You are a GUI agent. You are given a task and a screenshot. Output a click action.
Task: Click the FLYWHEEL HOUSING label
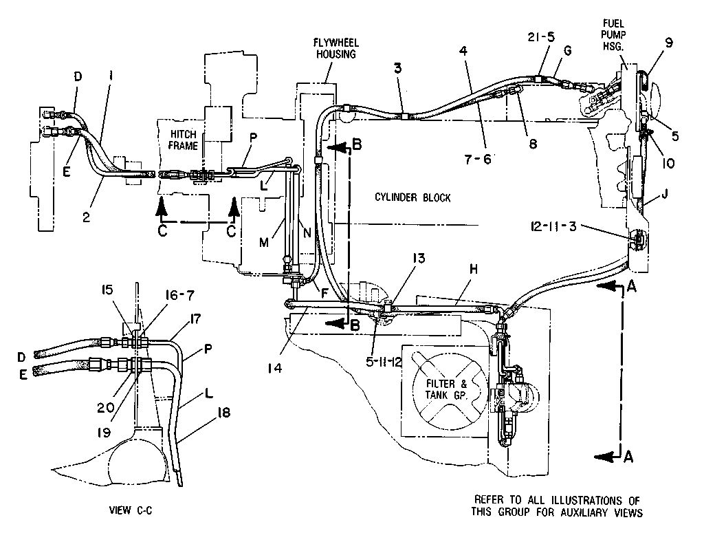(335, 49)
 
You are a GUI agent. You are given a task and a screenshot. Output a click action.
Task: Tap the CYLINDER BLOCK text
(412, 197)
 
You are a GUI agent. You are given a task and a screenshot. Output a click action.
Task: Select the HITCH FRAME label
(183, 140)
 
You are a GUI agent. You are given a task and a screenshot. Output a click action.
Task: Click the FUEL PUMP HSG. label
(614, 34)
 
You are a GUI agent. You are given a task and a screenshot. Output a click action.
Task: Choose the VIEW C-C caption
(131, 510)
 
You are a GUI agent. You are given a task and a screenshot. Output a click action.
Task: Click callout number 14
(275, 368)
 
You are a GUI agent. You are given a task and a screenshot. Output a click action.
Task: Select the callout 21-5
(541, 37)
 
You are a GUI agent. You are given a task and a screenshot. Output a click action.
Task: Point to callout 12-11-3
(553, 226)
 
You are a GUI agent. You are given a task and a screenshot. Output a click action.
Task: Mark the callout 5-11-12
(384, 362)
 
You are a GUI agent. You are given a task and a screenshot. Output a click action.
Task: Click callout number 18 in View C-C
(223, 412)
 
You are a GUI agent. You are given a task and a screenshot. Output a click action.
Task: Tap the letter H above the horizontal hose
(474, 269)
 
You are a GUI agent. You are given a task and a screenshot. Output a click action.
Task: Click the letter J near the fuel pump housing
(665, 194)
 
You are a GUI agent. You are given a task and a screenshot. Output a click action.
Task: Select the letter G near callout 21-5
(567, 50)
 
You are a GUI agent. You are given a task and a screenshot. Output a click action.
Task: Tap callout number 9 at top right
(668, 43)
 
